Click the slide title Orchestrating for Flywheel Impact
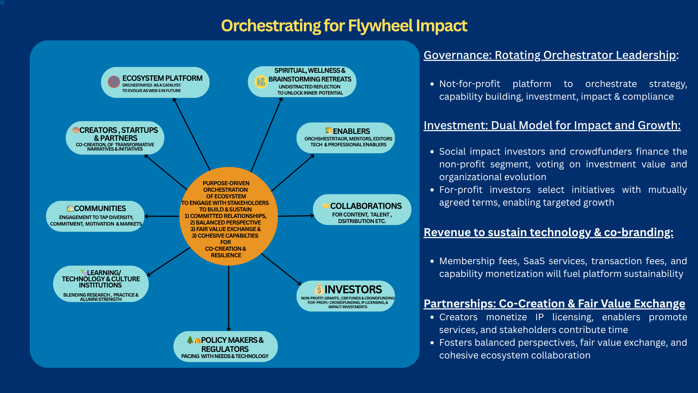point(344,26)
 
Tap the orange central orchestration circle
point(228,217)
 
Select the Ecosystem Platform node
point(155,83)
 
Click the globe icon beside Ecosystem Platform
point(114,82)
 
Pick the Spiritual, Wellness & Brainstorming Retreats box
point(302,82)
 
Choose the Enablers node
point(345,138)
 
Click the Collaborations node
point(362,210)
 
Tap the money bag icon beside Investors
point(319,289)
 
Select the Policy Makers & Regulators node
point(225,346)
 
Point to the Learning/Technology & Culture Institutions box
point(101,284)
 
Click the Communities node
point(95,216)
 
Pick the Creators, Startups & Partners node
point(115,138)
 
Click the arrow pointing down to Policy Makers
point(229,298)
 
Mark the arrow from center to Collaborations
point(295,216)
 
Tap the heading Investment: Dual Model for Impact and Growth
point(552,125)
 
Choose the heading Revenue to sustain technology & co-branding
point(548,232)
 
